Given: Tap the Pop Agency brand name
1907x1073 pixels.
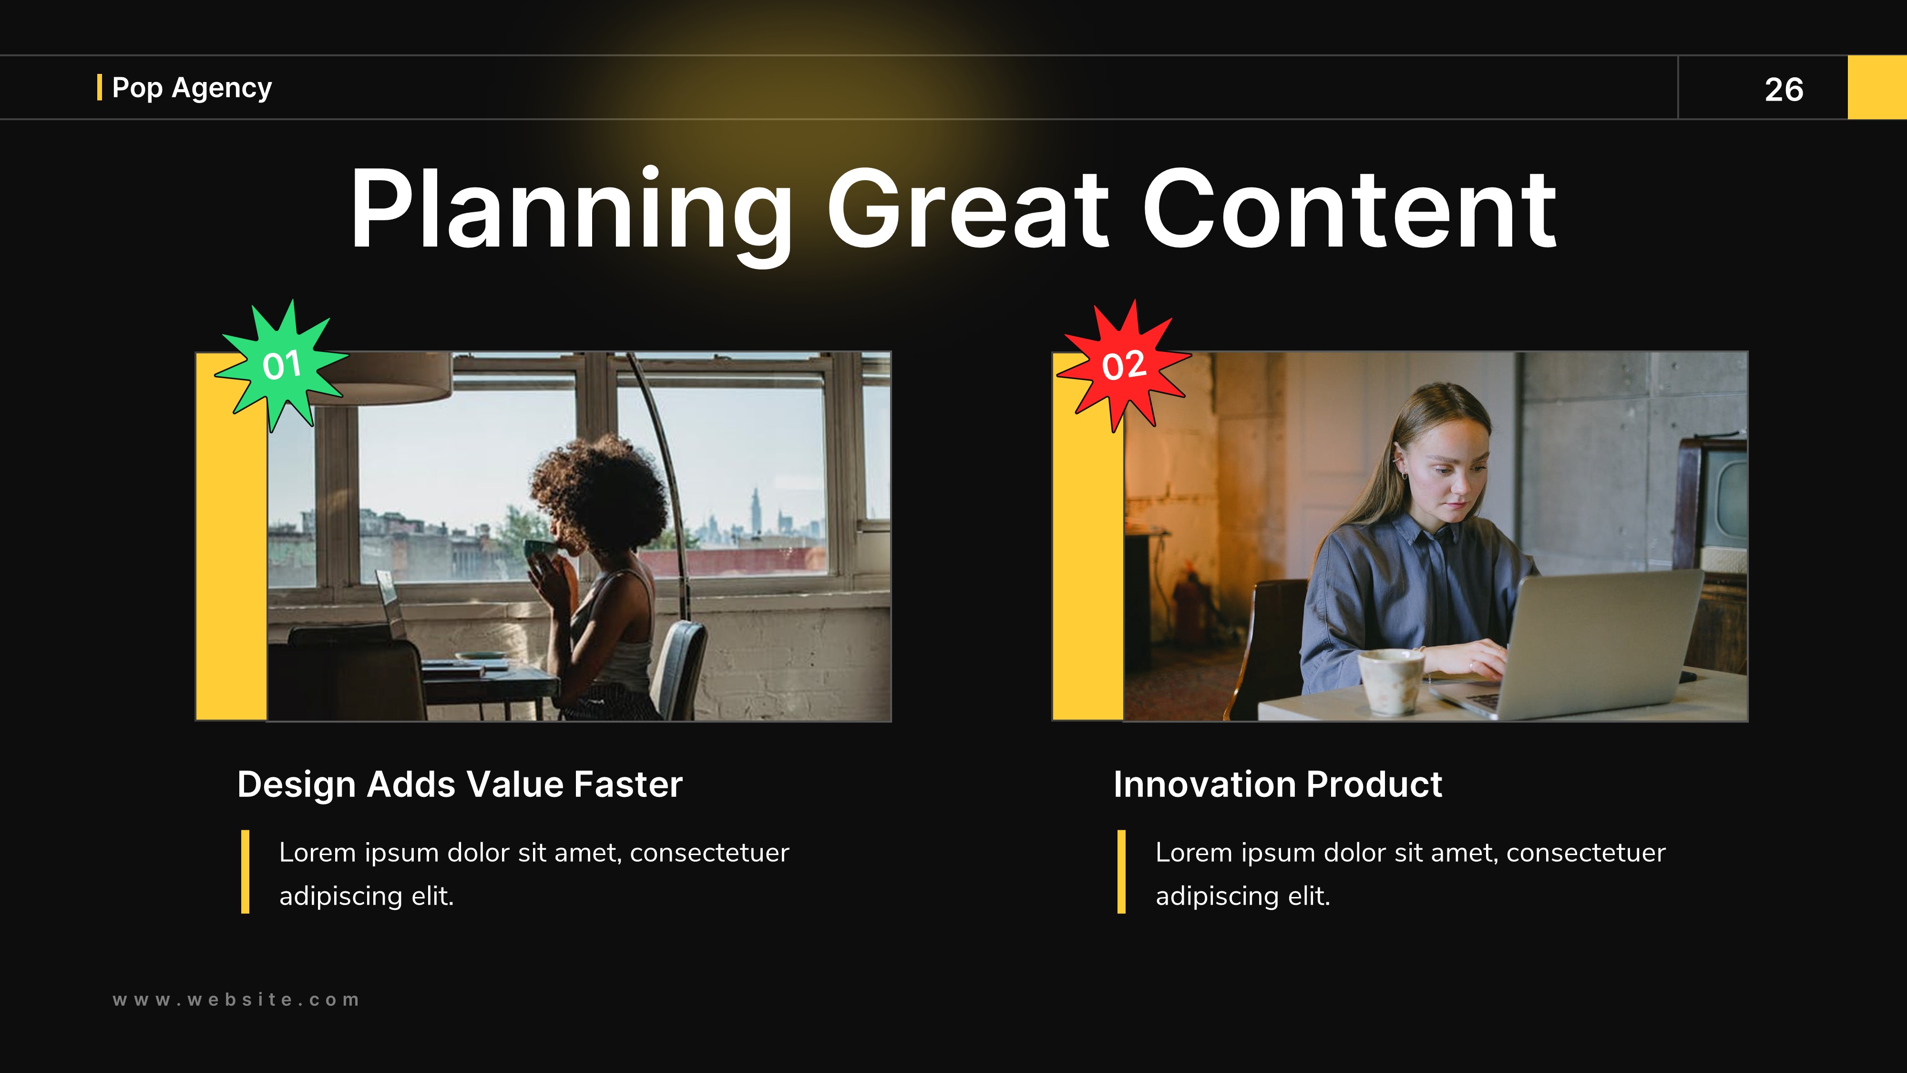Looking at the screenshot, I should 192,87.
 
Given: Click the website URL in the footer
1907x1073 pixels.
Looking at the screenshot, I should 236,1000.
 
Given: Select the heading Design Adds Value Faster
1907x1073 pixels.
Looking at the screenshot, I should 460,784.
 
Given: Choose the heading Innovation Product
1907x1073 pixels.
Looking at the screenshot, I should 1278,784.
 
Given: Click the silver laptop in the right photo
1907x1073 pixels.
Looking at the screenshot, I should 1592,637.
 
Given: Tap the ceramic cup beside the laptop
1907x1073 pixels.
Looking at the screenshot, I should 1390,680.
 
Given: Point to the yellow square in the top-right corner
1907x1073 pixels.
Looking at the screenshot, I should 1877,87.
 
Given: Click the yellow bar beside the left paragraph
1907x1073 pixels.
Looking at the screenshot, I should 245,872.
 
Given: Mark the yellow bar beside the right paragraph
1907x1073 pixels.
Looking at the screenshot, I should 1121,872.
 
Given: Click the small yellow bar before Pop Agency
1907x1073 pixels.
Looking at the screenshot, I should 99,87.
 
